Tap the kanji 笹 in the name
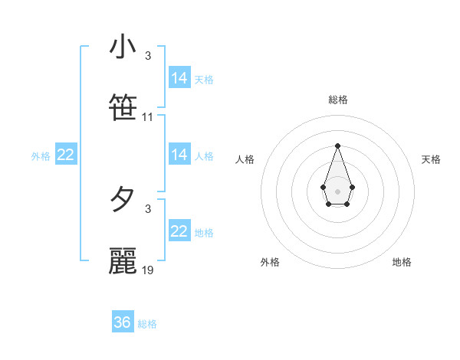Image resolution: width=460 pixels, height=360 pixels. (123, 108)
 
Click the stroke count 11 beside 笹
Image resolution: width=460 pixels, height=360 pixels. (148, 117)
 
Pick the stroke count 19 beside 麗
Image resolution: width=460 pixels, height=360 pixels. (148, 270)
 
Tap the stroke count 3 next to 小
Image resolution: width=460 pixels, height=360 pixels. (148, 56)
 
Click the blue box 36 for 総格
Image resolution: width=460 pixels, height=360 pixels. (122, 322)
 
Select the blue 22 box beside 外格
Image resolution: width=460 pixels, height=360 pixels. (66, 155)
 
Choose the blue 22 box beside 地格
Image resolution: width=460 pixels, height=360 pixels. (179, 231)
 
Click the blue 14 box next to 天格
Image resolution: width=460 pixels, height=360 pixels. (179, 78)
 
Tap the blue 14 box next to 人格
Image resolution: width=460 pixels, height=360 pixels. (179, 155)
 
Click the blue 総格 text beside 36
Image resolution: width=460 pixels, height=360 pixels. (147, 324)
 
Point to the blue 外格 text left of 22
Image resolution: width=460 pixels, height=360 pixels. (41, 156)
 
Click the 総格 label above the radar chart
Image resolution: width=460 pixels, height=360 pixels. (337, 100)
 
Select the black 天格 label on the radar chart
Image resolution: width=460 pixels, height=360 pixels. (431, 159)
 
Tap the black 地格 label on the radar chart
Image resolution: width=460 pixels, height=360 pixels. (402, 262)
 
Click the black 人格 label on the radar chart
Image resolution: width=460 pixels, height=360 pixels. (245, 159)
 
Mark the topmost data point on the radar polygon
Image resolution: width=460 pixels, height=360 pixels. (337, 146)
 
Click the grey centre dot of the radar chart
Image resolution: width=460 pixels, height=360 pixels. (337, 191)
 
